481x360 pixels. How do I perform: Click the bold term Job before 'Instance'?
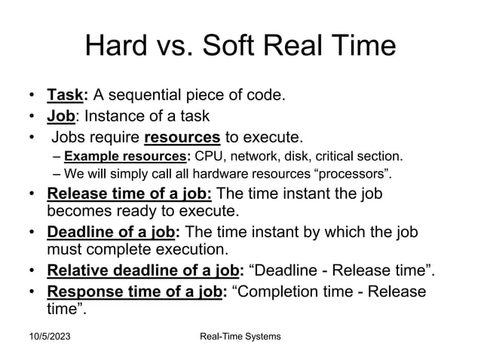63,116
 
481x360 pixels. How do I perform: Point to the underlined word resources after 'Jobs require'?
182,137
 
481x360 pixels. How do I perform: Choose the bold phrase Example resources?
126,157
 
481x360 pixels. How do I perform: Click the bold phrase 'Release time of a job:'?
130,194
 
